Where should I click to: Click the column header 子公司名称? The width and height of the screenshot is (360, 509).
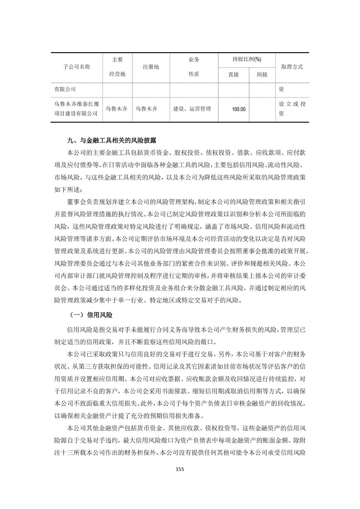pos(76,67)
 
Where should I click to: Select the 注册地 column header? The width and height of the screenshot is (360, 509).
pos(151,67)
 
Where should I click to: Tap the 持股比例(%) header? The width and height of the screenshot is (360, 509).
pos(247,59)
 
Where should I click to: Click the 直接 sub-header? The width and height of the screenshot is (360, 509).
pos(234,74)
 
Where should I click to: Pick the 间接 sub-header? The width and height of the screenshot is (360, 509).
pos(262,74)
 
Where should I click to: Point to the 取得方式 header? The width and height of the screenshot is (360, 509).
pos(292,67)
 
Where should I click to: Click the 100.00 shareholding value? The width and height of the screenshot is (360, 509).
pos(239,109)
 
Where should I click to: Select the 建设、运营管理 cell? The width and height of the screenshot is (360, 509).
pos(192,109)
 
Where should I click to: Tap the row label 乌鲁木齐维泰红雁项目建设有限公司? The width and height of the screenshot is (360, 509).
pos(76,109)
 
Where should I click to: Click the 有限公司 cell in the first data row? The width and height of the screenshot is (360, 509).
pos(65,89)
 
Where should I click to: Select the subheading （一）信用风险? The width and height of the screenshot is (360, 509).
pos(91,315)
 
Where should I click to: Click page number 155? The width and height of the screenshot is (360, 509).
pos(180,469)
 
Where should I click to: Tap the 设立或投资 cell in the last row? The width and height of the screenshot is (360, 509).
pos(292,109)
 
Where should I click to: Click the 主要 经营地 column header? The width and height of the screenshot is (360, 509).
pos(117,67)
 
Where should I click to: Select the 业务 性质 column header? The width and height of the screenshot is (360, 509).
pos(194,67)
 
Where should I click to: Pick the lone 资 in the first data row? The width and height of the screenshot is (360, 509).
pos(281,89)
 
